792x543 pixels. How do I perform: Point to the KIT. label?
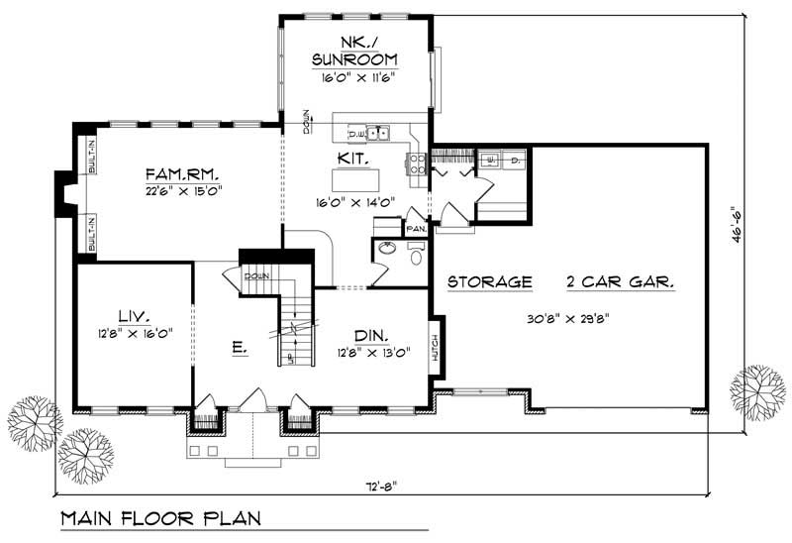click(353, 158)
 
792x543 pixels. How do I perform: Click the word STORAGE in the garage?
click(490, 281)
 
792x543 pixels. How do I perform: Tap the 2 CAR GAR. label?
click(621, 281)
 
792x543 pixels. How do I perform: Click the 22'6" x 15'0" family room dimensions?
click(182, 188)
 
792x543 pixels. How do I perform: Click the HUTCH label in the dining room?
click(434, 348)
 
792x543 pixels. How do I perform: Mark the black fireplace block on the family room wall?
click(62, 191)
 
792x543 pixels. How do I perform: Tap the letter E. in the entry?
click(240, 349)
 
